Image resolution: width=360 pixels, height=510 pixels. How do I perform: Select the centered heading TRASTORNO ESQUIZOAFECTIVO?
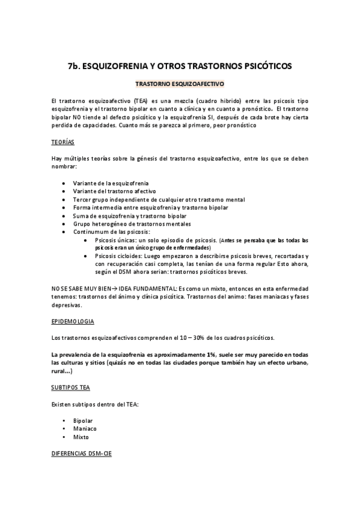coord(180,85)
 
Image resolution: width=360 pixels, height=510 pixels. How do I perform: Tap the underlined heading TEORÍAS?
coord(63,142)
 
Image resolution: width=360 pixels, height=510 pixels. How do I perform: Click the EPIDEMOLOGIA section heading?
coord(73,322)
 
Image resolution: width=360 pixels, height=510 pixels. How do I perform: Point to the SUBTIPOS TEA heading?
coord(70,387)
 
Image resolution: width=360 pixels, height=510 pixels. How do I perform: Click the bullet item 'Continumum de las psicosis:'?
coord(111,232)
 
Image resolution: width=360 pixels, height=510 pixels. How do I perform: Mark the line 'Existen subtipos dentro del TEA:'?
coord(96,404)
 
